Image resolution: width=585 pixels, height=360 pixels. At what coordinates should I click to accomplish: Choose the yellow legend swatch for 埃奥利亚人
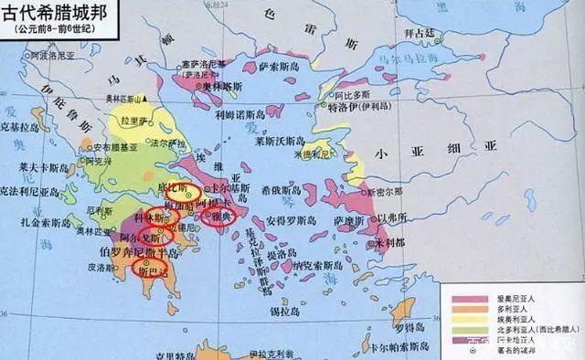[460, 321]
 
